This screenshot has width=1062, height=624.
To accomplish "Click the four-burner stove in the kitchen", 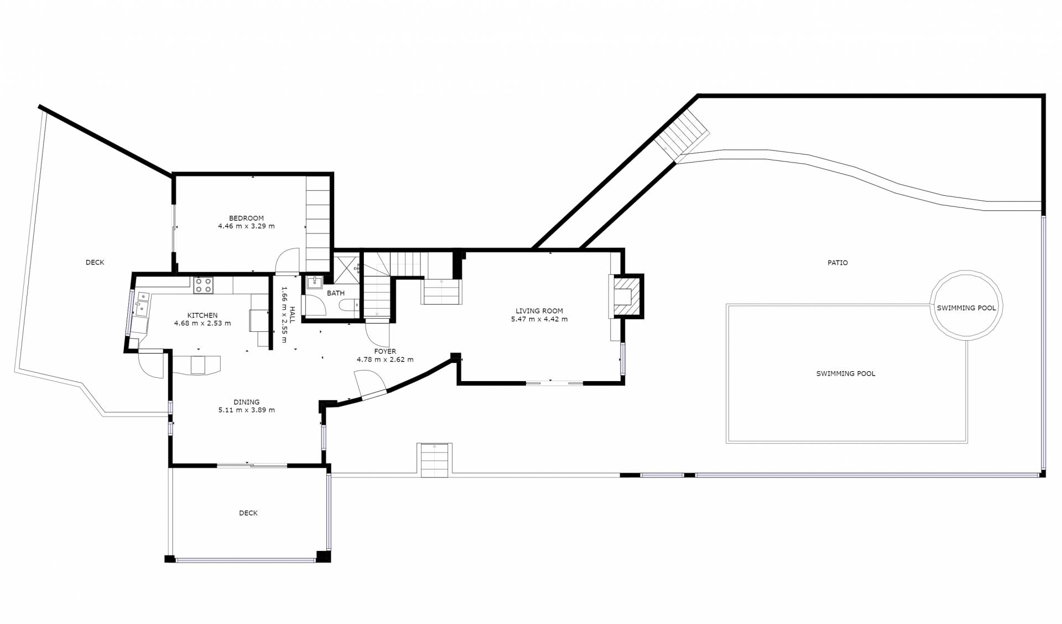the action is [203, 285].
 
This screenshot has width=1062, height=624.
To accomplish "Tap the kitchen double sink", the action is [142, 304].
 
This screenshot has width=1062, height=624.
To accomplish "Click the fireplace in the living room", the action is [626, 296].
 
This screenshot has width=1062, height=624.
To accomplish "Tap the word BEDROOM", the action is [246, 218].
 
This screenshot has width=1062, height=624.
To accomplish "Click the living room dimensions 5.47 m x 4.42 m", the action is [539, 319].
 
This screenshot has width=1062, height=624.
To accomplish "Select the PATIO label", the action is [837, 263].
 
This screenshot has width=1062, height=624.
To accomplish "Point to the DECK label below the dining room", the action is [248, 513].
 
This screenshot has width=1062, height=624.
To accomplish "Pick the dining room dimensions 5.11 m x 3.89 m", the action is [247, 410].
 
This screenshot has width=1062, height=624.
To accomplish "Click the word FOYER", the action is [385, 351].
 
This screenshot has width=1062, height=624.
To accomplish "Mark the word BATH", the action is [336, 293].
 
